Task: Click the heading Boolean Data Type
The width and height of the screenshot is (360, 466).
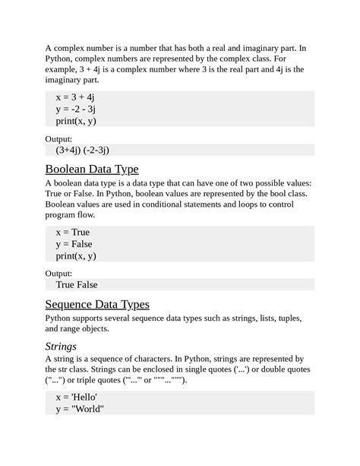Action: coord(92,169)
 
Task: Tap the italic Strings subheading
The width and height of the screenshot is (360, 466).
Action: coord(62,347)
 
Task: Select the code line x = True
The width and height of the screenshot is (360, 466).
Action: coord(73,232)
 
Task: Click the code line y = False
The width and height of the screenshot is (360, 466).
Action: coord(74,244)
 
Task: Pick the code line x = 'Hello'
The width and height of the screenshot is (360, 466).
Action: coord(76,398)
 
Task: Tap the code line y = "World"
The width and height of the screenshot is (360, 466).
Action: coord(79,410)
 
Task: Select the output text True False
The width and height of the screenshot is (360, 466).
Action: coord(77,285)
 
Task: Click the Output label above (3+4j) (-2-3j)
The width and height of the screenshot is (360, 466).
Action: coord(59,139)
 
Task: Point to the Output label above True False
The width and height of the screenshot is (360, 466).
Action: coord(59,273)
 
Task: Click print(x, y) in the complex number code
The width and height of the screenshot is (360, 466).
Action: coord(76,121)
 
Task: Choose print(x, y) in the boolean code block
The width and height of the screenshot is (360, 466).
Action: coord(76,256)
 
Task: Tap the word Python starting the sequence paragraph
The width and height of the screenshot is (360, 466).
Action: coord(61,318)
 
